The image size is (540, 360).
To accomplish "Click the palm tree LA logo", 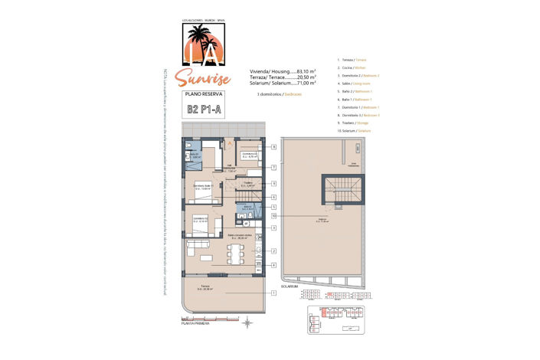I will (201, 43).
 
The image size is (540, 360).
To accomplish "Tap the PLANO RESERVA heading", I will (201, 93).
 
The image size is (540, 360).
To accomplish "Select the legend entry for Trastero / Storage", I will (355, 121).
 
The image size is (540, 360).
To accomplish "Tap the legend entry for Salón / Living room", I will (355, 84).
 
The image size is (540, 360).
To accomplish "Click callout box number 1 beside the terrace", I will (273, 293).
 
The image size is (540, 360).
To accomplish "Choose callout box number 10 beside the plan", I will (273, 216).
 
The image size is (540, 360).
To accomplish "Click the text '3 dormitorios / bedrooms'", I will (280, 93).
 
